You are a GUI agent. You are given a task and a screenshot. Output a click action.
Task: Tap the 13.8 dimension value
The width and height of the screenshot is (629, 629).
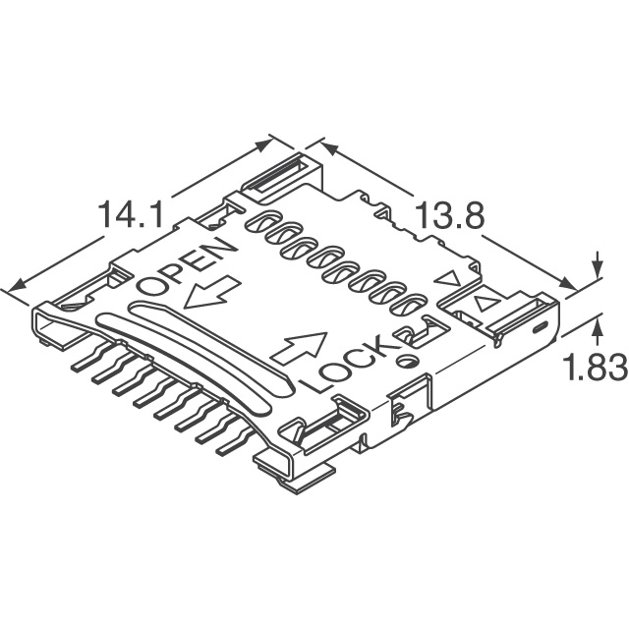pos(449,215)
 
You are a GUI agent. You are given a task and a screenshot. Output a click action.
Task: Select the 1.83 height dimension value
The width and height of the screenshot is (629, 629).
pos(596,367)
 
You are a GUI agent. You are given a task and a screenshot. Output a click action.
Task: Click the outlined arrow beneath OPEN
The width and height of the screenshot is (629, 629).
pos(211,293)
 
